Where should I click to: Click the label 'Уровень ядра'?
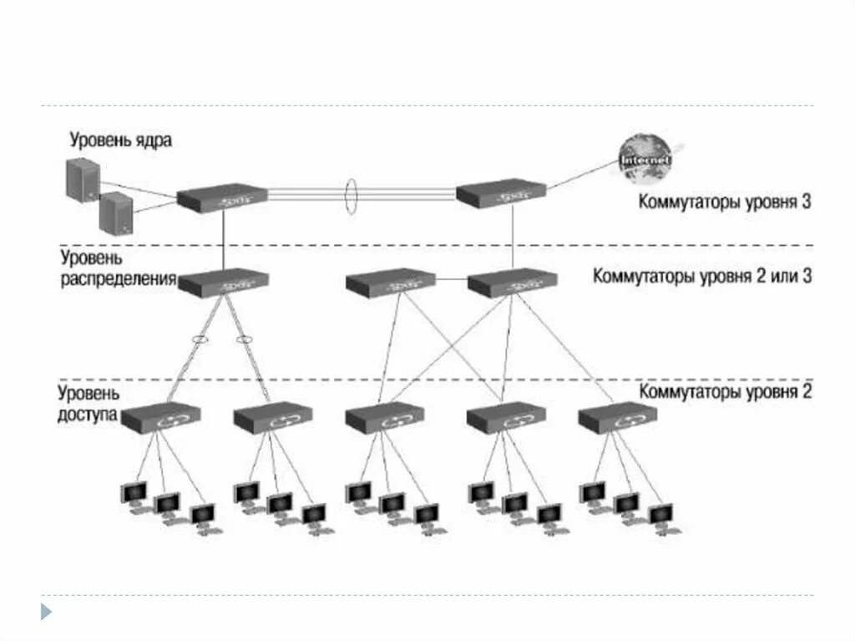click(121, 140)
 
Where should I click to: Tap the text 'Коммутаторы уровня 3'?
click(725, 201)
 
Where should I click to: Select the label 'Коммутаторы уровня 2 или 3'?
click(702, 276)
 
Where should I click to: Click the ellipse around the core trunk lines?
click(352, 194)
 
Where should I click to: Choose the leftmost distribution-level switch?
click(222, 282)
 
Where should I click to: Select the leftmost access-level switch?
click(161, 418)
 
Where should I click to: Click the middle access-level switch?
click(387, 418)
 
